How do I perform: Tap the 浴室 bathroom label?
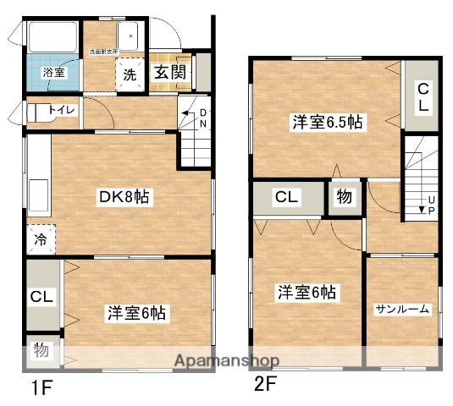(x=54, y=73)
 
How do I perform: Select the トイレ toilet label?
(x=60, y=109)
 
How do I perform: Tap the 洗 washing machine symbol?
(x=130, y=74)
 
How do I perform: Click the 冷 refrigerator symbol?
(x=41, y=240)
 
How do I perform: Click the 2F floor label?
(x=265, y=385)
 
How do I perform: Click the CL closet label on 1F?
(x=41, y=297)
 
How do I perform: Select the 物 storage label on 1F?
(x=41, y=348)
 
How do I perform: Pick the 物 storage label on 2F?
(x=344, y=198)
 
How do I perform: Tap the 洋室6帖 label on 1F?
(x=136, y=312)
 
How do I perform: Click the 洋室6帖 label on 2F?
(x=307, y=293)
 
